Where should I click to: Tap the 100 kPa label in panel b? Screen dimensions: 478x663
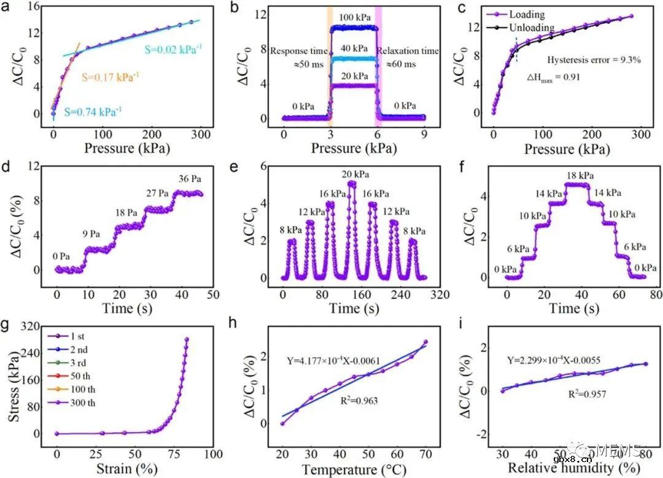353,17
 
